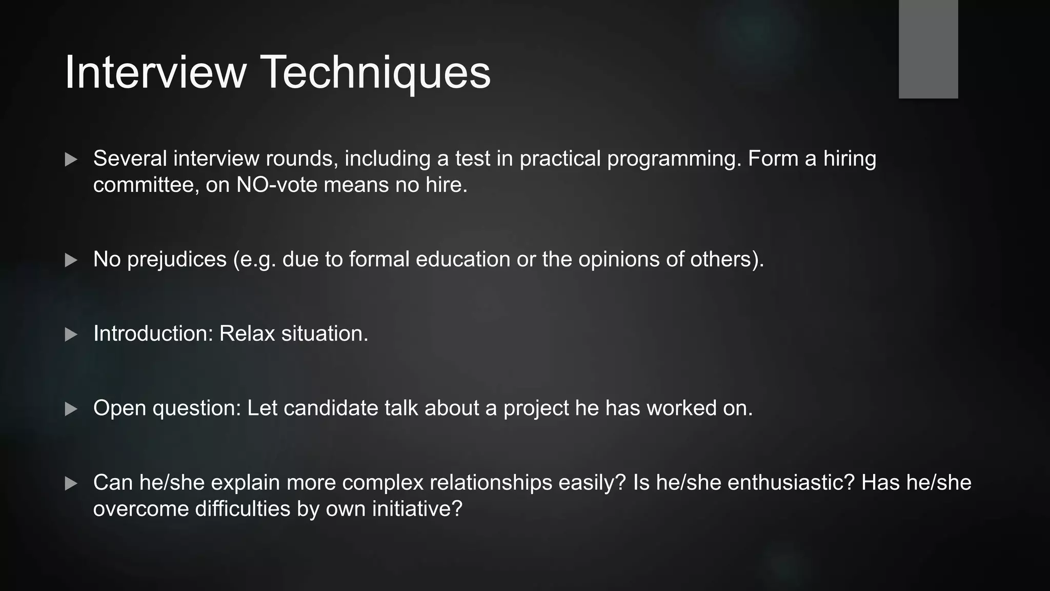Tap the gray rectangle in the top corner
[928, 49]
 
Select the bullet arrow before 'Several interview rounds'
[71, 160]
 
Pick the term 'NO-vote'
[277, 185]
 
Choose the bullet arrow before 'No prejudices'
[71, 260]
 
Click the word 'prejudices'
[177, 260]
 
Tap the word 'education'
[463, 259]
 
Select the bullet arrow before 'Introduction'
[71, 334]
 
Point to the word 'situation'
[325, 333]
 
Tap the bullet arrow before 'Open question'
[71, 409]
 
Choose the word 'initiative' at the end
[417, 509]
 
